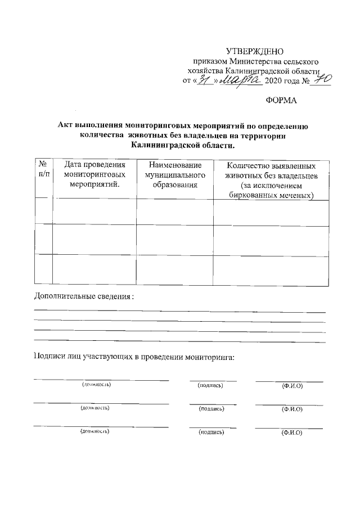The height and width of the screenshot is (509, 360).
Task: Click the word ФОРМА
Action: click(x=281, y=101)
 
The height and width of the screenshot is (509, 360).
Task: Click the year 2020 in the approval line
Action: click(x=276, y=82)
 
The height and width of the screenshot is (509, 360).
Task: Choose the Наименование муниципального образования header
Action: click(x=174, y=175)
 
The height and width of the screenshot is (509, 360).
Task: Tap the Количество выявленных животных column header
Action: click(x=271, y=180)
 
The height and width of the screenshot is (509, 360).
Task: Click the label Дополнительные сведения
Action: click(x=84, y=297)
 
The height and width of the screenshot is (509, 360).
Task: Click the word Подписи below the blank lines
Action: click(x=49, y=357)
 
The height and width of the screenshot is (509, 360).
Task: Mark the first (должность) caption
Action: click(x=97, y=385)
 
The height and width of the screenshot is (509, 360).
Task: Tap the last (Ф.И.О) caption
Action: click(x=292, y=433)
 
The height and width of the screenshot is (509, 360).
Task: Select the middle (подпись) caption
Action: click(x=211, y=409)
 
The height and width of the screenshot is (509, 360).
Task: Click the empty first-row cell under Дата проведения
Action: click(x=94, y=212)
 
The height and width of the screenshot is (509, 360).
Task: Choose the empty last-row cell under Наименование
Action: click(x=174, y=271)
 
